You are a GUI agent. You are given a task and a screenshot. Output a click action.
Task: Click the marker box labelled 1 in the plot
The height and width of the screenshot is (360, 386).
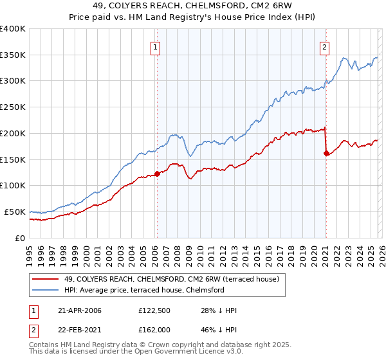(x=156, y=46)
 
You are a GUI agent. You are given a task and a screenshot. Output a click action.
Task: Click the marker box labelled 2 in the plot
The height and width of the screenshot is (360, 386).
(x=325, y=46)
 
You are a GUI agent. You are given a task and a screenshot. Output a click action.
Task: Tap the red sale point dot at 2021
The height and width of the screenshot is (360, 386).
(x=326, y=153)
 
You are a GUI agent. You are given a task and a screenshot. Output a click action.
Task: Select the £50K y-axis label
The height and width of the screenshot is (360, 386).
(x=15, y=212)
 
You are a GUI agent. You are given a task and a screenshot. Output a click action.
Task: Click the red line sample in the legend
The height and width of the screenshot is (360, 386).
(x=46, y=279)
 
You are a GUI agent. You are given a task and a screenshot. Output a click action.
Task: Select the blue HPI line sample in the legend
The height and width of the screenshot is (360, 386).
(x=46, y=290)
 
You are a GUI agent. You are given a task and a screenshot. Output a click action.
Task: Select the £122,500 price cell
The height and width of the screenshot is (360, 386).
(x=153, y=310)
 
